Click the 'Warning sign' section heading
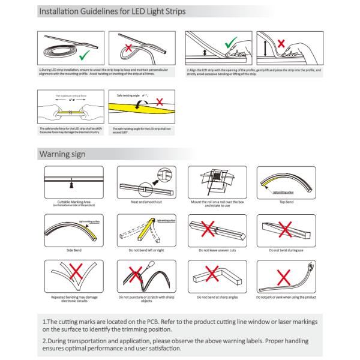pyautogui.click(x=62, y=154)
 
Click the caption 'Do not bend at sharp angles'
pyautogui.click(x=214, y=297)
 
